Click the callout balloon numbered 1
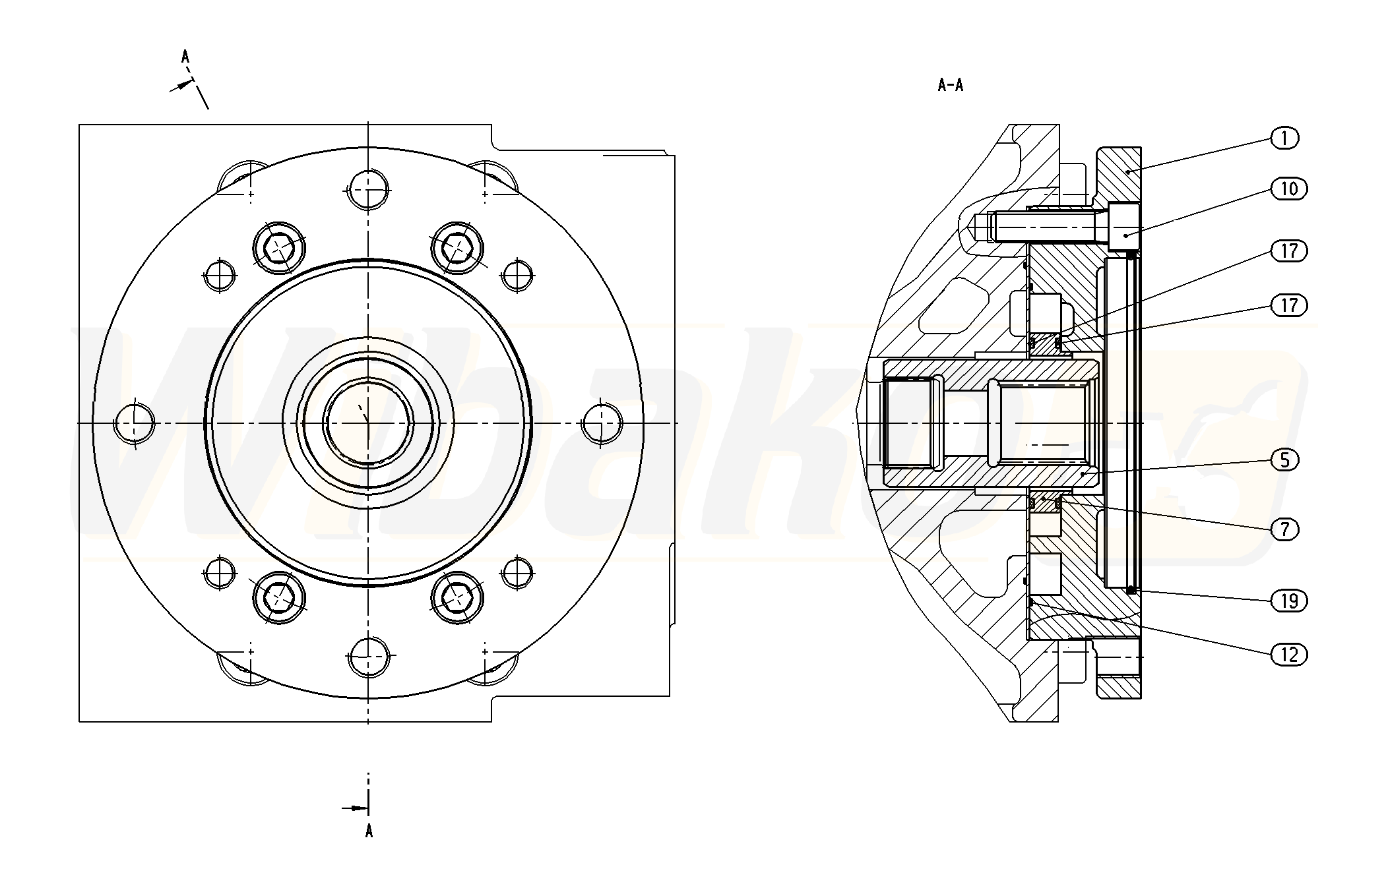tap(1284, 138)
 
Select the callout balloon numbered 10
tap(1288, 189)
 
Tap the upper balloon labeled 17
tap(1288, 251)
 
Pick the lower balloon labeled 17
tap(1288, 305)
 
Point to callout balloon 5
tap(1284, 460)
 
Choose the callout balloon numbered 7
tap(1284, 529)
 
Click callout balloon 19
tap(1288, 601)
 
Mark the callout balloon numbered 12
tap(1288, 655)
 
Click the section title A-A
tap(950, 85)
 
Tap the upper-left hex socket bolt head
tap(279, 248)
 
